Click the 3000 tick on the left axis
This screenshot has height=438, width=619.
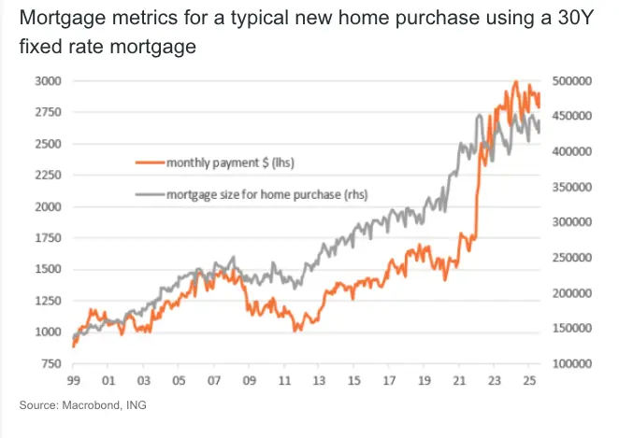pyautogui.click(x=47, y=81)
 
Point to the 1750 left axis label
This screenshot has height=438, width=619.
pyautogui.click(x=47, y=238)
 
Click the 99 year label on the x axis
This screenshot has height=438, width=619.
pyautogui.click(x=73, y=381)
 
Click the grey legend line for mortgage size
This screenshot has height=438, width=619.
pyautogui.click(x=149, y=195)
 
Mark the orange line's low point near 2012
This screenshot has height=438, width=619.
pyautogui.click(x=295, y=331)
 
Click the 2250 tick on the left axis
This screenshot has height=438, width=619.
pyautogui.click(x=47, y=176)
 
